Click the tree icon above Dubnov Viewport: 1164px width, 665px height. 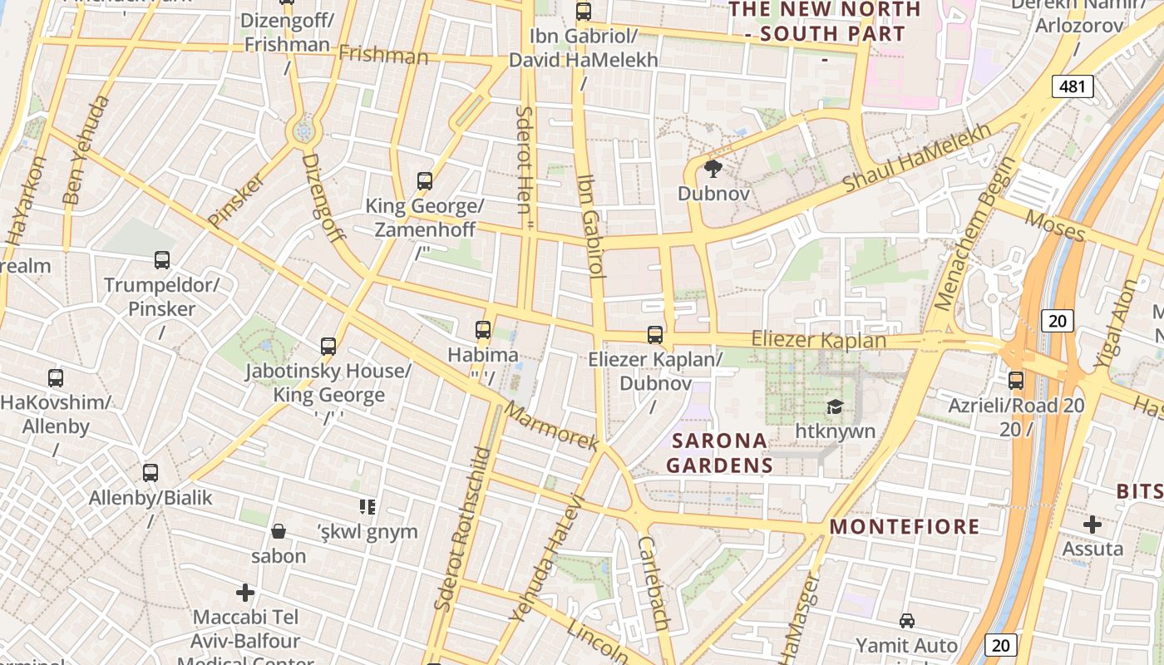713,170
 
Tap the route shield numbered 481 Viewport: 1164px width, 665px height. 1073,86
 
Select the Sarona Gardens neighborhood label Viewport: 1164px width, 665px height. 720,452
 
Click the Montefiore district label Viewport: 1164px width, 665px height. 905,526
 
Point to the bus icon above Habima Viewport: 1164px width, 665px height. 483,330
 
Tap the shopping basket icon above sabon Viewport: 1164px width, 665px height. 279,531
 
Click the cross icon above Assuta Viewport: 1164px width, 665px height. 1092,525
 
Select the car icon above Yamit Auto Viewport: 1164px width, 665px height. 907,621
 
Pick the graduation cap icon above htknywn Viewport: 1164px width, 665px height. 835,406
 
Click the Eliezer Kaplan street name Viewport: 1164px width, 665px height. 818,340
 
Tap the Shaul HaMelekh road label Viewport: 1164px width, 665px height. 917,157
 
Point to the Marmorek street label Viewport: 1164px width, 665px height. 551,427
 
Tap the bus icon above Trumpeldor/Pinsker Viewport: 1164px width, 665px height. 162,260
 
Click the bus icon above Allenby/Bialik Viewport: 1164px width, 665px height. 150,473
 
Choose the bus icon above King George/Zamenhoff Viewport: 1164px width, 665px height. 425,180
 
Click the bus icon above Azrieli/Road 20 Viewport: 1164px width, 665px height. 1016,381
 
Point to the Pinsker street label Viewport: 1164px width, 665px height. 236,199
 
